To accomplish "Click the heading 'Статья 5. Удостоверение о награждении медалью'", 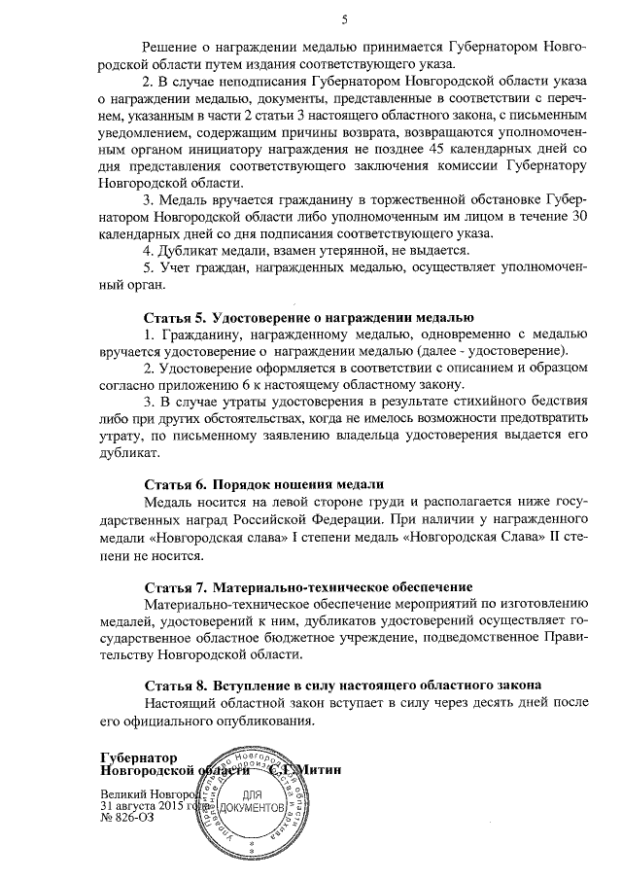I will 309,318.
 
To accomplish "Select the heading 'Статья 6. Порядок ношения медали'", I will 264,483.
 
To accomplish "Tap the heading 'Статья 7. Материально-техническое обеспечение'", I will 308,586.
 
